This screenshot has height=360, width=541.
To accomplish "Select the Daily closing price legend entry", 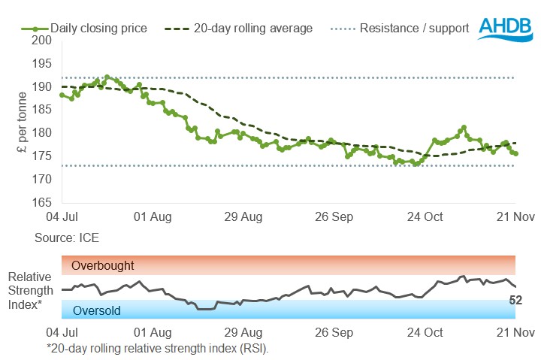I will pos(98,29).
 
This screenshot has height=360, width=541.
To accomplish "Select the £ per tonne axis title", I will pos(22,121).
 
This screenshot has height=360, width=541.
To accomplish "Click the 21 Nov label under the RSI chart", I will pos(515,331).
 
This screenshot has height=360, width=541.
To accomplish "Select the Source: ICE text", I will pos(66,237).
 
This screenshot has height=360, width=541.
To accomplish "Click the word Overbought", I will pos(103,265).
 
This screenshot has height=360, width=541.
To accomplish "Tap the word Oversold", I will pos(96,310).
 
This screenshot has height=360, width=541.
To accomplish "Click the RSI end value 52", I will pos(515,300).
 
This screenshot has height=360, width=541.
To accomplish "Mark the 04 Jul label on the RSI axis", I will pos(62,331).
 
